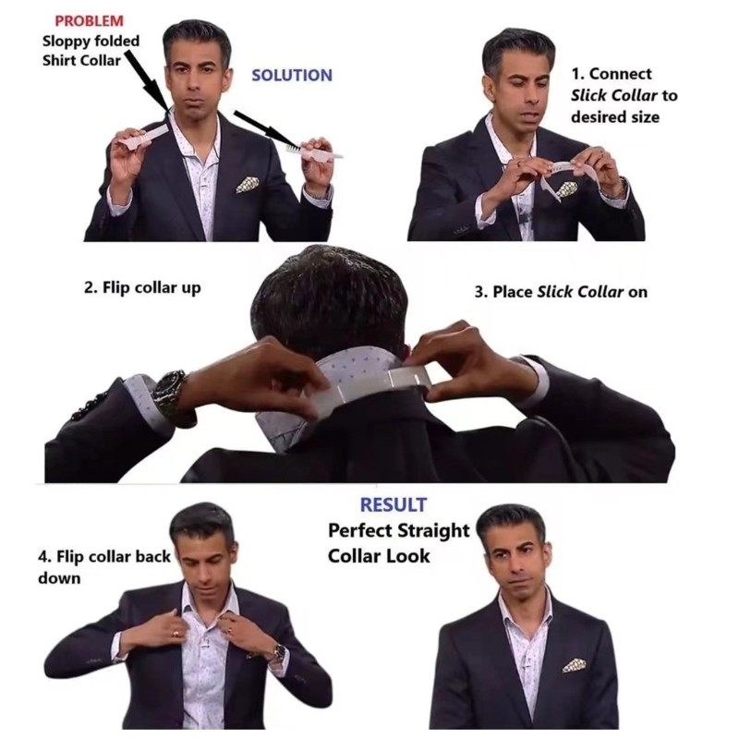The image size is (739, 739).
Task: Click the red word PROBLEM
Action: (89, 20)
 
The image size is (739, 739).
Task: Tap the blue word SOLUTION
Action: (292, 76)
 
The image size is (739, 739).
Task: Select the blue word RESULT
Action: (394, 504)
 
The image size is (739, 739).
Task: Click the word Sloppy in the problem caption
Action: (67, 42)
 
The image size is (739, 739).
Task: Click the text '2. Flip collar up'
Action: (142, 288)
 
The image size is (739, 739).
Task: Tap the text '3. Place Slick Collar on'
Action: (561, 292)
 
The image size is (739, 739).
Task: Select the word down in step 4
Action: (59, 578)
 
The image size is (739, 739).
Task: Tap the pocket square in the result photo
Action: (575, 664)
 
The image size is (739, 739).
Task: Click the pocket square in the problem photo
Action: (248, 184)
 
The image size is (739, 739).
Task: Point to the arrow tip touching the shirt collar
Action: (168, 111)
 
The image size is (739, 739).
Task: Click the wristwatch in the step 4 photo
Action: (280, 652)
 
